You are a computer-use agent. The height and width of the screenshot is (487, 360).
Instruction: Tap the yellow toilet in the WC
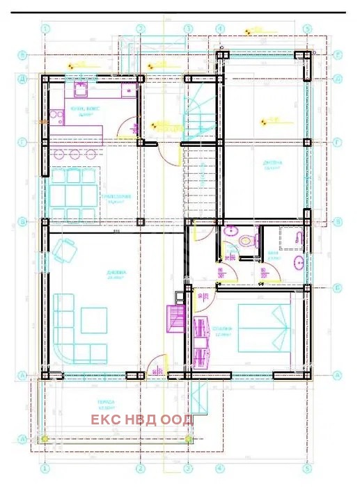pos(244,241)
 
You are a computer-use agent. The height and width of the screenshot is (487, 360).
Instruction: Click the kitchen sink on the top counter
pos(79,90)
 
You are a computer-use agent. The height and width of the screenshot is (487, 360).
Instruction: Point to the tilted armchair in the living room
pos(65,249)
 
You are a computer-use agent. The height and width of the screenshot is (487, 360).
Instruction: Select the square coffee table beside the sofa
pos(94,320)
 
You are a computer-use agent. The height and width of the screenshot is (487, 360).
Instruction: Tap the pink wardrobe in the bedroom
pos(203,342)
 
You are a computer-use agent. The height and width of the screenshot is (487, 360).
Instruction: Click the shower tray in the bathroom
pos(292,239)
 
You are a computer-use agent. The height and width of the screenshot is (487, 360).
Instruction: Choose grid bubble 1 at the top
pos(45,29)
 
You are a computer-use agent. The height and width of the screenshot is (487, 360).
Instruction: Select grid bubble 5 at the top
pos(306,29)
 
